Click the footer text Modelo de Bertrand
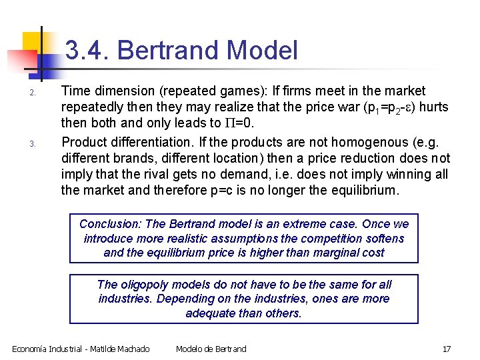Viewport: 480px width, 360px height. tap(211, 349)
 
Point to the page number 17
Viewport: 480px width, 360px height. tap(447, 349)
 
